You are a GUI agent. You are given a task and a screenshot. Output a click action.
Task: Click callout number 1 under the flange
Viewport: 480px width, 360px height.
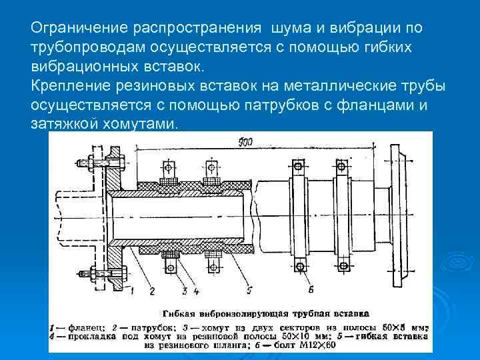point(133,291)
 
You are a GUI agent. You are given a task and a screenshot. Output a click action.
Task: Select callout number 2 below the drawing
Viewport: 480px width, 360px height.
point(152,291)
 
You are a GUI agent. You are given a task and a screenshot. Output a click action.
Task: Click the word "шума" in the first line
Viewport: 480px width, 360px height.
point(287,29)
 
